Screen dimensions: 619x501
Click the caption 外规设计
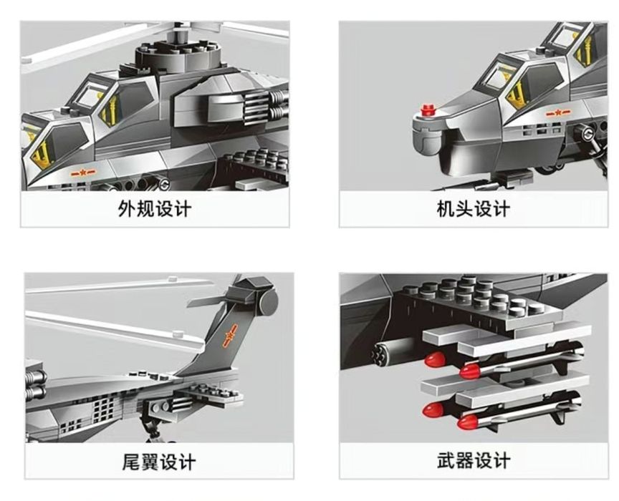pos(154,208)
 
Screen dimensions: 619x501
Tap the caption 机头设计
pos(473,208)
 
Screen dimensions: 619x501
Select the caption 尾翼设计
pos(159,462)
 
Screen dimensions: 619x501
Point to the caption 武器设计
pos(474,460)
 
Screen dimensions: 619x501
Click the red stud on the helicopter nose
pos(428,110)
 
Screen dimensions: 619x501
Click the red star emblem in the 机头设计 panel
pos(558,114)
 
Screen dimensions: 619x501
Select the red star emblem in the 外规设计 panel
pos(83,172)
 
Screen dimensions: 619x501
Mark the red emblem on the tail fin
pos(230,336)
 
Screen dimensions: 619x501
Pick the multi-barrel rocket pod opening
pos(378,352)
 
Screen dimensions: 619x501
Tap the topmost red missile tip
pos(435,360)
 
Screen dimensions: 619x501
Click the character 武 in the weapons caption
pos(446,460)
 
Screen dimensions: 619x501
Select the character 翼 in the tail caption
pos(149,462)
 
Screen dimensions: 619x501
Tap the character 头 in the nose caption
pos(464,208)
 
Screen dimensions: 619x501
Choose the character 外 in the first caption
pos(127,208)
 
